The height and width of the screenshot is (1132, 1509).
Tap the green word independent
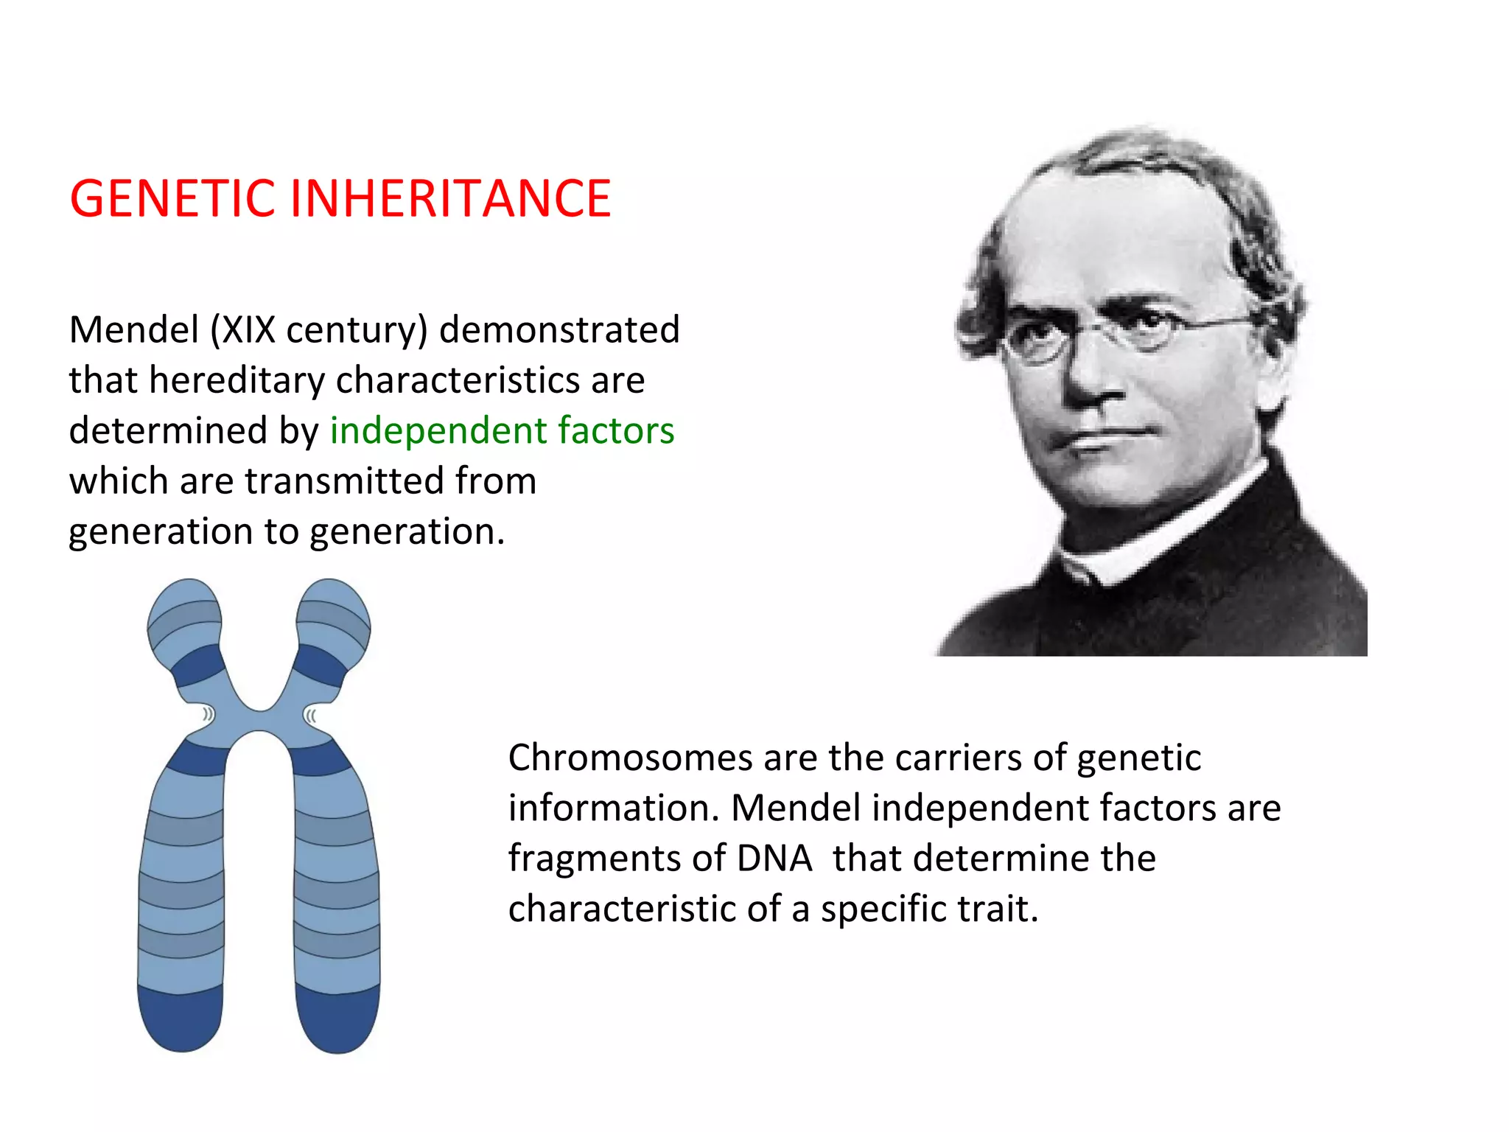coord(438,430)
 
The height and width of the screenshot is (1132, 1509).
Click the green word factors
coord(616,430)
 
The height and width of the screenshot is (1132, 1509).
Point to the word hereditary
coord(237,380)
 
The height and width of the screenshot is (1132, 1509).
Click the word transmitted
coord(343,481)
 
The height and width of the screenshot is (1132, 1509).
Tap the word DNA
coord(774,859)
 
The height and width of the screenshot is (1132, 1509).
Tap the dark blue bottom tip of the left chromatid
coord(181,1021)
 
